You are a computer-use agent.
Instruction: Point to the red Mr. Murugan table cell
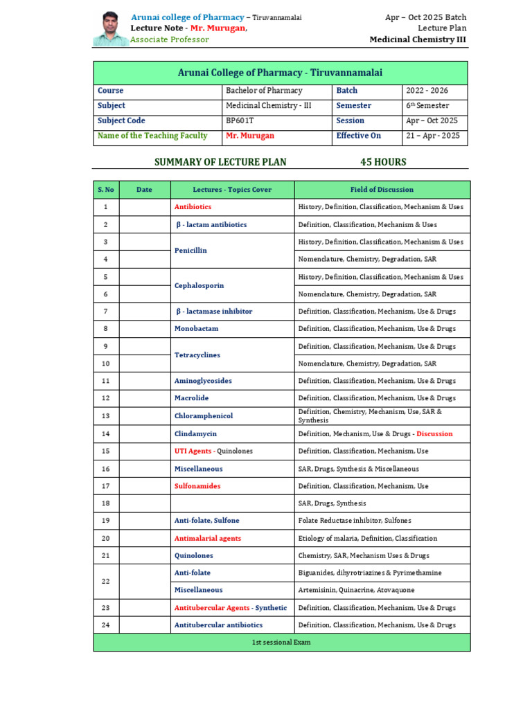click(249, 136)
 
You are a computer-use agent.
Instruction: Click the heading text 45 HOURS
click(383, 162)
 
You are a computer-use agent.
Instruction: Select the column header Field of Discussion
click(382, 190)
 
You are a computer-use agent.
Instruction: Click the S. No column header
click(106, 190)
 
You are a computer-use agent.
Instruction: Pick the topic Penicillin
click(190, 251)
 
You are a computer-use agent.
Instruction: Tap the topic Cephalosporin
click(199, 285)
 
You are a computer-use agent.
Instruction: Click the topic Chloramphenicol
click(204, 416)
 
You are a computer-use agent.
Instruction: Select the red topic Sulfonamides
click(197, 486)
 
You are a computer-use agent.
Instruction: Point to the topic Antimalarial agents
click(208, 538)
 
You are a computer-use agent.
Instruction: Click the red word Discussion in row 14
click(434, 433)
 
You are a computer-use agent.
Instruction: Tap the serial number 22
click(106, 582)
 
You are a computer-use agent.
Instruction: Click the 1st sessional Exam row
click(281, 643)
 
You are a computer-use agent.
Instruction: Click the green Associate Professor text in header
click(170, 40)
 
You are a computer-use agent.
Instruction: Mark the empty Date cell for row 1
click(144, 207)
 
